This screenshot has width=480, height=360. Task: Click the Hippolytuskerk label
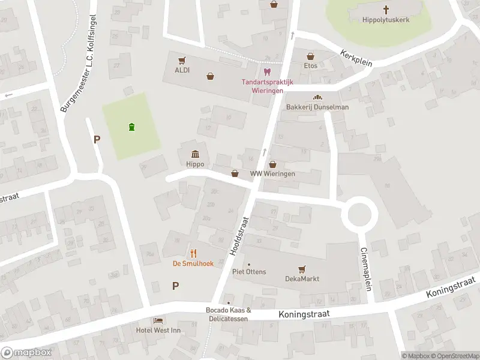pyautogui.click(x=386, y=19)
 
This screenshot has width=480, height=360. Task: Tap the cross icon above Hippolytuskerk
pyautogui.click(x=386, y=9)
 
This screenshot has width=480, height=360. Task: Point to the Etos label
pyautogui.click(x=310, y=65)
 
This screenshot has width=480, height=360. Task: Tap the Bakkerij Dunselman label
pyautogui.click(x=317, y=107)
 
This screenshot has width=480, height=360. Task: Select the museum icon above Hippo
pyautogui.click(x=195, y=154)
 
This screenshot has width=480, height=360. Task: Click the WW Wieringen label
pyautogui.click(x=273, y=174)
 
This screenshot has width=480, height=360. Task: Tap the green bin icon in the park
pyautogui.click(x=131, y=126)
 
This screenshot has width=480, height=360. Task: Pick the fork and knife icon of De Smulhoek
pyautogui.click(x=193, y=253)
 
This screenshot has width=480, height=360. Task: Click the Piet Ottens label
pyautogui.click(x=249, y=272)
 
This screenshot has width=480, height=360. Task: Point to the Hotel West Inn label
pyautogui.click(x=159, y=330)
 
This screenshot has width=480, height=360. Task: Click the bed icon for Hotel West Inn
pyautogui.click(x=158, y=321)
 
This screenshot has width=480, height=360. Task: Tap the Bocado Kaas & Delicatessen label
pyautogui.click(x=228, y=314)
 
